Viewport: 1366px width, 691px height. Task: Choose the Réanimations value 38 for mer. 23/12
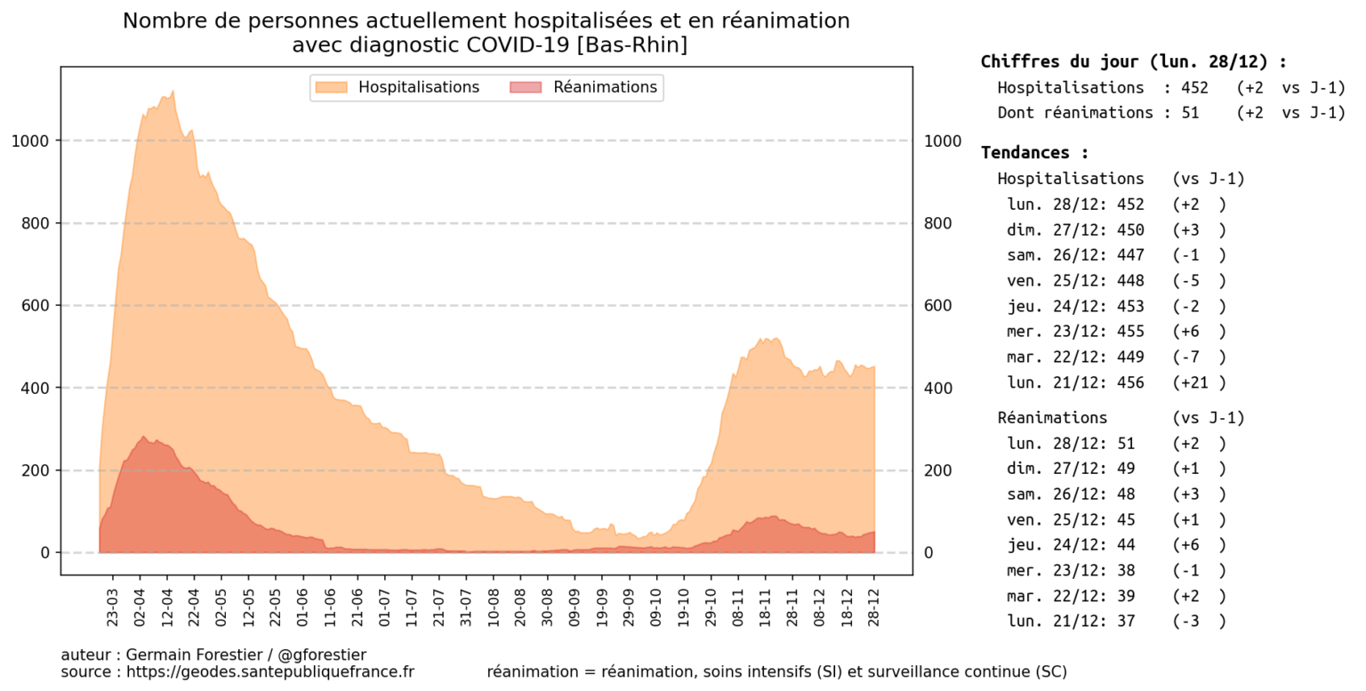pyautogui.click(x=1125, y=571)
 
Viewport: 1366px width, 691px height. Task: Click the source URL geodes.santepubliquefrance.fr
pyautogui.click(x=270, y=672)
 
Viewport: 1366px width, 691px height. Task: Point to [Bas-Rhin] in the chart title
pyautogui.click(x=631, y=45)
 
